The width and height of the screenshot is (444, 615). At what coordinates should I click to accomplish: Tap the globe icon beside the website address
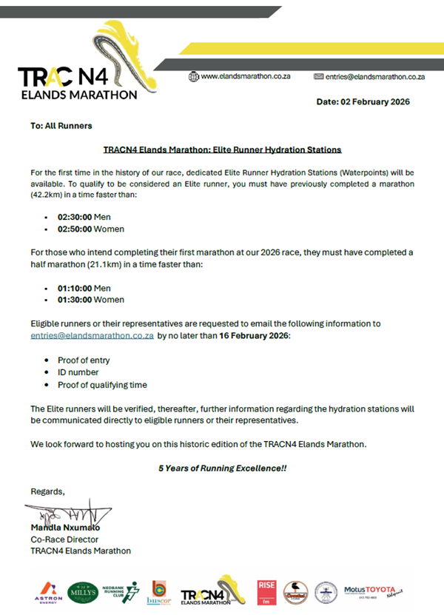(194, 75)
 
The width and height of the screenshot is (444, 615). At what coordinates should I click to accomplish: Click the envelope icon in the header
(320, 75)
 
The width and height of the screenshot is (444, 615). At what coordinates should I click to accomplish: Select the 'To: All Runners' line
(61, 126)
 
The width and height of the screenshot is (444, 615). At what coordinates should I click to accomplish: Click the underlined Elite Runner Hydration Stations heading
(222, 149)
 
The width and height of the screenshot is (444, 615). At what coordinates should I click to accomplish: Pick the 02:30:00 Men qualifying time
(84, 218)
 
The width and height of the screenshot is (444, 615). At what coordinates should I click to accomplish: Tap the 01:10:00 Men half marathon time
(84, 288)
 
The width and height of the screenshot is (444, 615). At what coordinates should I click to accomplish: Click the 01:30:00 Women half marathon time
(90, 300)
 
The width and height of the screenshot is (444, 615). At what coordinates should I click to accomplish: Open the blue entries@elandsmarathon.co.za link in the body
(92, 335)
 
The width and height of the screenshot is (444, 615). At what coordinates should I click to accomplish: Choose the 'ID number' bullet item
(78, 372)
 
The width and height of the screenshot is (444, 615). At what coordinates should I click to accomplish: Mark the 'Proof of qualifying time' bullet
(102, 384)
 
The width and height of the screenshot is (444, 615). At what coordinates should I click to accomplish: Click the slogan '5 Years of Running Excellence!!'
(222, 468)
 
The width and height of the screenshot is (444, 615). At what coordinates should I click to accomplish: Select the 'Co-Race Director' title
(64, 539)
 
